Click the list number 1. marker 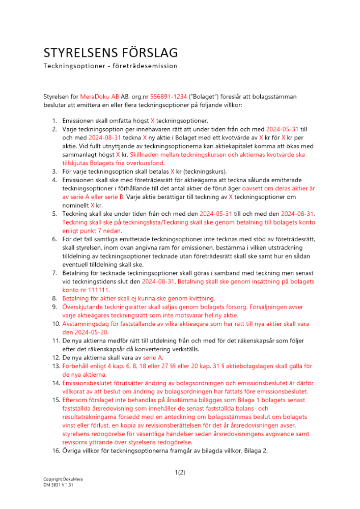click(54, 121)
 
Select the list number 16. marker click(52, 451)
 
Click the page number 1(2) click(180, 472)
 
